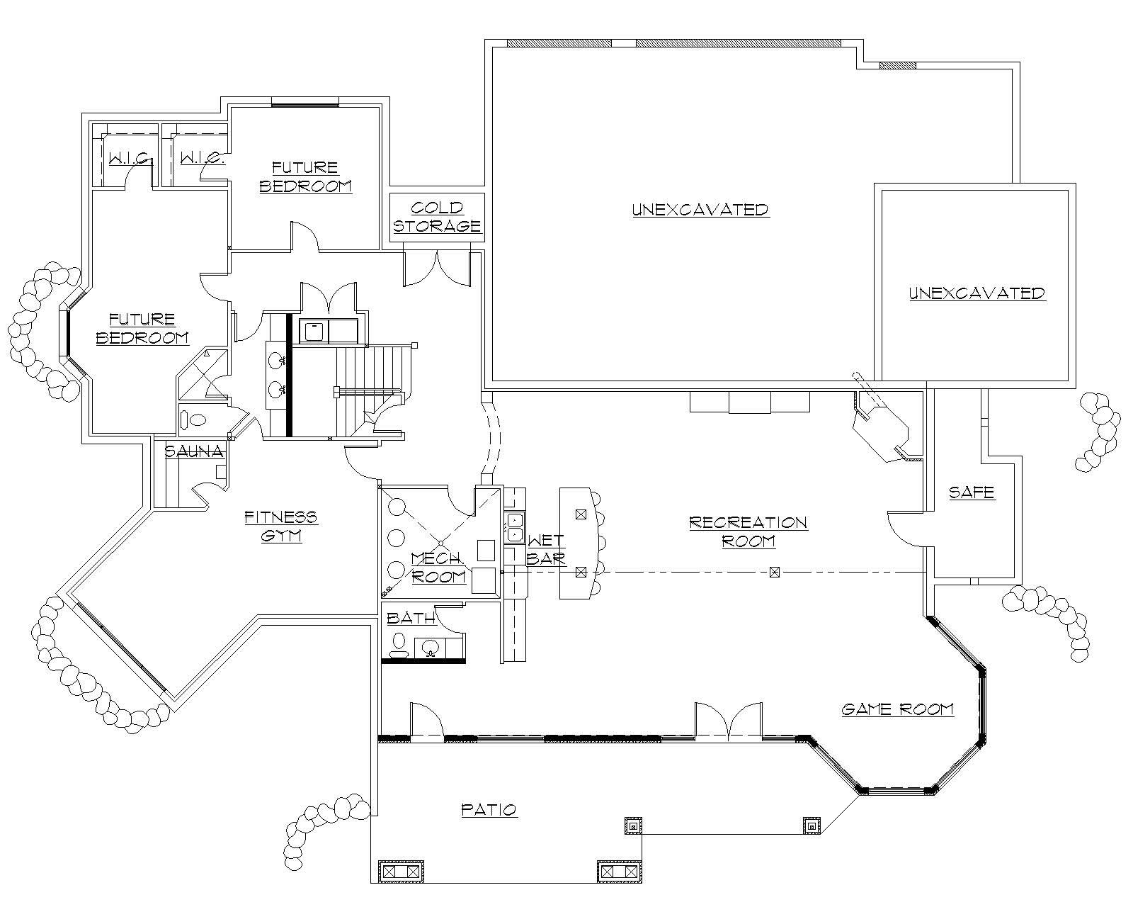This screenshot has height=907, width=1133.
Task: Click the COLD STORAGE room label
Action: (437, 217)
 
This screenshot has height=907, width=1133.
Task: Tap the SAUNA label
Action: (194, 451)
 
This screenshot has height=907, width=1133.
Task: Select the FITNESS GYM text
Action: (281, 526)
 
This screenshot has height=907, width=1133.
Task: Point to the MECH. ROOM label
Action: (438, 567)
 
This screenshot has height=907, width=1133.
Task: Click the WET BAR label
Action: (546, 550)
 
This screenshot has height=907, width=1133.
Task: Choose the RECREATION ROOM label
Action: (748, 531)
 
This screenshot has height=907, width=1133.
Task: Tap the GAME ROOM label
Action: (897, 709)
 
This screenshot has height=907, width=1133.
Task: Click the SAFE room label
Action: (972, 492)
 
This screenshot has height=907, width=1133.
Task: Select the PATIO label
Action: (489, 809)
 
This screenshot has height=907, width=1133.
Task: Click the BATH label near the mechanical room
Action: (411, 618)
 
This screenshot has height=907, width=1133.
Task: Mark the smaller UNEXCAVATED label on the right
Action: (977, 293)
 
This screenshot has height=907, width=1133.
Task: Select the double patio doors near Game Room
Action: (728, 721)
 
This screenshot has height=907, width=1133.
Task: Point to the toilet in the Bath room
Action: (399, 644)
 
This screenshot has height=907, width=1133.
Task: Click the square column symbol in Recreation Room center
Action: (774, 571)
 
